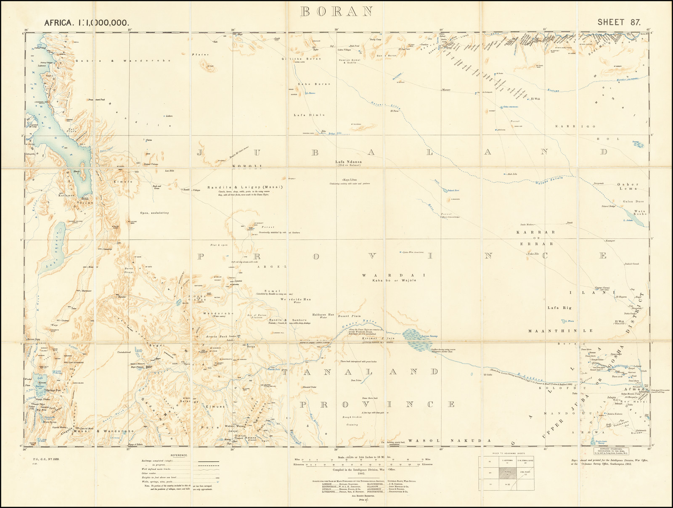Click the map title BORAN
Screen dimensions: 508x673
pos(336,11)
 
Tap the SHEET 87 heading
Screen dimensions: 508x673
pos(619,22)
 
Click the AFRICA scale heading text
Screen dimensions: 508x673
pos(86,23)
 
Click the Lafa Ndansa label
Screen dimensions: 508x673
pos(348,161)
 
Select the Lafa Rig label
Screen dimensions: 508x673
pos(559,308)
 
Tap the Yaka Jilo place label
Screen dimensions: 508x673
pos(533,254)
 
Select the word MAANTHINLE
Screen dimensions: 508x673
pos(560,331)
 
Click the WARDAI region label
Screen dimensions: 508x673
pos(394,275)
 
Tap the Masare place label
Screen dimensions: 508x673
pos(446,90)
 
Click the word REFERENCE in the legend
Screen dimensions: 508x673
pos(179,455)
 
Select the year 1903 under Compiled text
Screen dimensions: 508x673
pos(348,473)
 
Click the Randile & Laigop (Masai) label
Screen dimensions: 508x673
pos(245,187)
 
